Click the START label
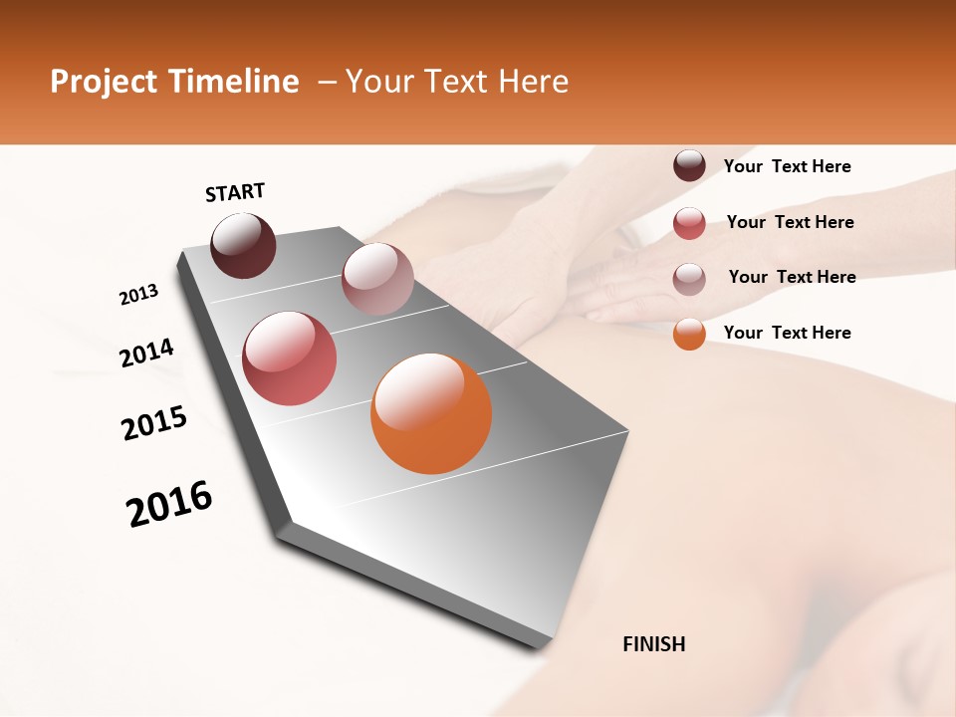[x=235, y=192]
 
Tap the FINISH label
[x=654, y=644]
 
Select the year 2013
[x=139, y=295]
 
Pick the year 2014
[x=147, y=353]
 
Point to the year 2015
[x=154, y=422]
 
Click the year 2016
[x=169, y=504]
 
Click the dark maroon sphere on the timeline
[x=243, y=245]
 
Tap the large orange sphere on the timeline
[x=431, y=413]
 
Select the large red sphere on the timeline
[x=290, y=358]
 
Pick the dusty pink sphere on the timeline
[x=377, y=279]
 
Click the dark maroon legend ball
[x=689, y=166]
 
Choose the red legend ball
[x=689, y=223]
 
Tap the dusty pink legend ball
[x=689, y=279]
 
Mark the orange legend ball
[x=689, y=334]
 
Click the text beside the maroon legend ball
[x=787, y=167]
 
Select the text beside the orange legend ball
[x=787, y=333]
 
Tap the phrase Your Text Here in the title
[x=456, y=82]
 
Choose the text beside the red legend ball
[x=790, y=222]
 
